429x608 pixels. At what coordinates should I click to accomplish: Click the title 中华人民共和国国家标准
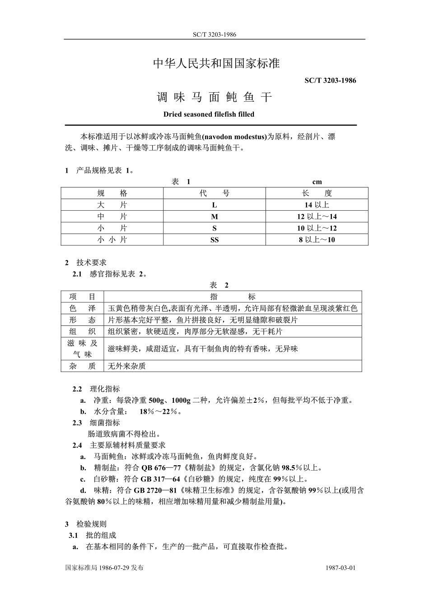click(x=216, y=64)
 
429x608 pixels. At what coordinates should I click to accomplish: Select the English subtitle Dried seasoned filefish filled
click(x=209, y=114)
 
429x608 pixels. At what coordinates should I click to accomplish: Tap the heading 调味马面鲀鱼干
click(x=214, y=97)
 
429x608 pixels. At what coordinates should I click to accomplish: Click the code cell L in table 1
click(x=214, y=205)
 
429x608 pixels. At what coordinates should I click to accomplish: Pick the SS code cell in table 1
click(x=214, y=240)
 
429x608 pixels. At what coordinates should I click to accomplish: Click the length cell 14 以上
click(x=317, y=205)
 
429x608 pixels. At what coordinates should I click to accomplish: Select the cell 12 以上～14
click(x=317, y=217)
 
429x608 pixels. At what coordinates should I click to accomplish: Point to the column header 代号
click(x=214, y=193)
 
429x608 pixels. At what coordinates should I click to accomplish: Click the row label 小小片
click(x=112, y=240)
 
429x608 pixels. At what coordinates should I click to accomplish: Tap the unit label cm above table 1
click(x=317, y=182)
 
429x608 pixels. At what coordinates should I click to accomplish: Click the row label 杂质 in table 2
click(x=82, y=366)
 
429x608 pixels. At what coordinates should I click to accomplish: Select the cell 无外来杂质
click(x=127, y=366)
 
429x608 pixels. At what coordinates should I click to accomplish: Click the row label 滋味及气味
click(x=82, y=349)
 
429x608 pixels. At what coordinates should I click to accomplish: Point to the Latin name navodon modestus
click(x=234, y=137)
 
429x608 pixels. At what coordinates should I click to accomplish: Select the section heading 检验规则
click(x=91, y=524)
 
